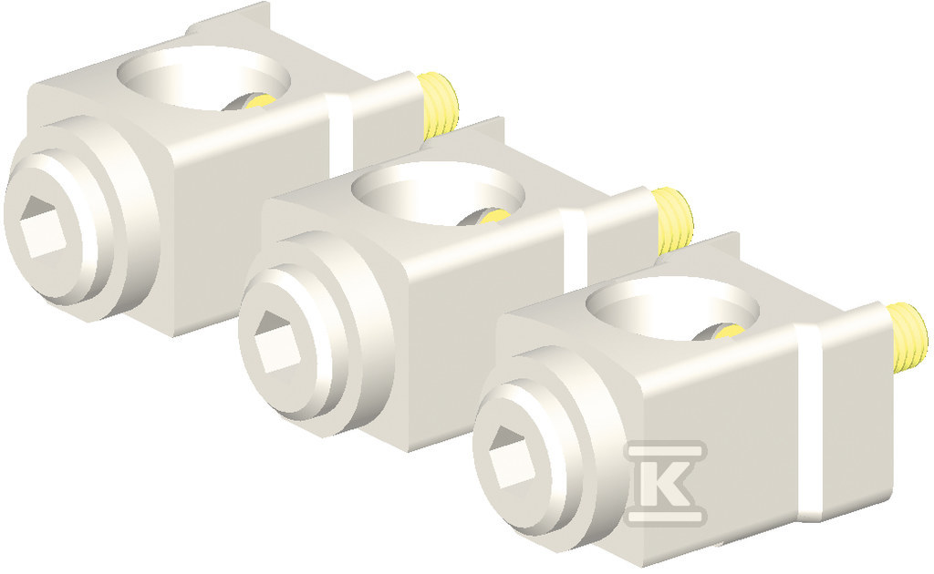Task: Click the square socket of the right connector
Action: click(512, 457)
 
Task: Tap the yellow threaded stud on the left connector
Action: click(439, 107)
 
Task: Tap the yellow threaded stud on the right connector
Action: click(908, 335)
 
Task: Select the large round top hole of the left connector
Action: click(203, 78)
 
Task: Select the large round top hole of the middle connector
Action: click(439, 193)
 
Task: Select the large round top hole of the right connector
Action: click(673, 309)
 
